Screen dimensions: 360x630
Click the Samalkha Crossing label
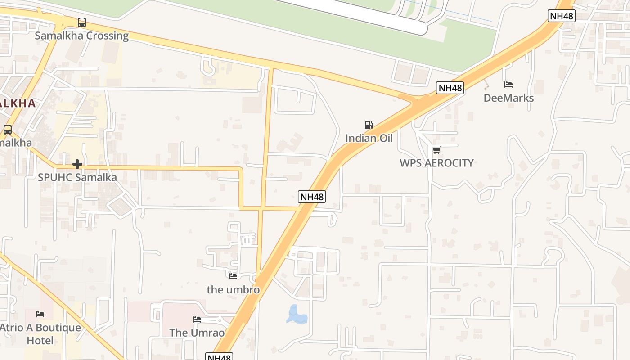click(82, 36)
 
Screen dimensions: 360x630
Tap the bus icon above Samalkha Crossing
click(82, 22)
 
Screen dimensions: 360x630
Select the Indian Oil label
click(369, 138)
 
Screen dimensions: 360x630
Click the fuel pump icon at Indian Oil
click(369, 125)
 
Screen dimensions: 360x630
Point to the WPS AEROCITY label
click(436, 163)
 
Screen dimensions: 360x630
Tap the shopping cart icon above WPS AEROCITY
click(436, 150)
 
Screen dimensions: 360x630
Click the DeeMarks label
click(508, 98)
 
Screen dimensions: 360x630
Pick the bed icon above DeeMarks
click(508, 85)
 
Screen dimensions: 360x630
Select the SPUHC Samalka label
click(77, 177)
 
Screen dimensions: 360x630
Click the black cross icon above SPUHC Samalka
click(77, 164)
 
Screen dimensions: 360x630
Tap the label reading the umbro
click(233, 289)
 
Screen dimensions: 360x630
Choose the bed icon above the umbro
click(233, 276)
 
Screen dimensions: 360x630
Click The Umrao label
click(197, 333)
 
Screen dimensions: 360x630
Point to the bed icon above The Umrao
click(197, 319)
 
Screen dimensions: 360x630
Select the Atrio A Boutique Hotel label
click(40, 334)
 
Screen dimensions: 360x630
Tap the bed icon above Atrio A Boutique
click(40, 314)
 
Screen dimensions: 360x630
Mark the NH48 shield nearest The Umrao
click(219, 357)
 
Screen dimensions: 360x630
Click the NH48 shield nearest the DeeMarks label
click(450, 88)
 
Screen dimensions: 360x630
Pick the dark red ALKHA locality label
click(17, 103)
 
